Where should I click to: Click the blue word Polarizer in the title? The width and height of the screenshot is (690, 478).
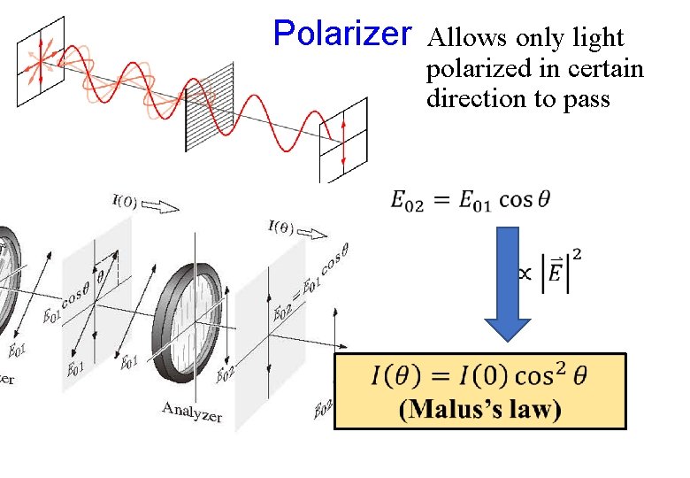pos(342,34)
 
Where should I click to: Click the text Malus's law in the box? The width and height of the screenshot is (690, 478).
pos(479,409)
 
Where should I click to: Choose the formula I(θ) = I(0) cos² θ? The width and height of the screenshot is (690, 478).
pos(479,375)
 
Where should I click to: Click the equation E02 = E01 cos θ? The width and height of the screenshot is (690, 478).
pos(470,201)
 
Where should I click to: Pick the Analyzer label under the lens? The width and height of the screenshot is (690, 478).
pos(192,410)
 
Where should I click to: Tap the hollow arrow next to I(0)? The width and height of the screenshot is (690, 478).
pos(162,206)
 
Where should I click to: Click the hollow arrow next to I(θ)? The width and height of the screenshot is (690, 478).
pos(314,232)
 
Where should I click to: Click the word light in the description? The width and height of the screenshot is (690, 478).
pos(599,38)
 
